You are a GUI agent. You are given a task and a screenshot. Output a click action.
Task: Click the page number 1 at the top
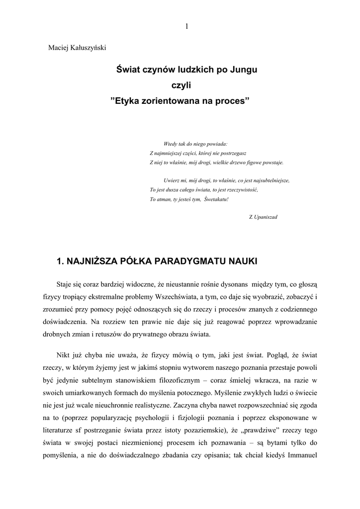click(186, 26)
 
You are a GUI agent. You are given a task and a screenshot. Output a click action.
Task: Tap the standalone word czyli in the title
click(180, 85)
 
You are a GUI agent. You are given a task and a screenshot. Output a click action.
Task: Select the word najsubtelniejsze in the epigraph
click(270, 180)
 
